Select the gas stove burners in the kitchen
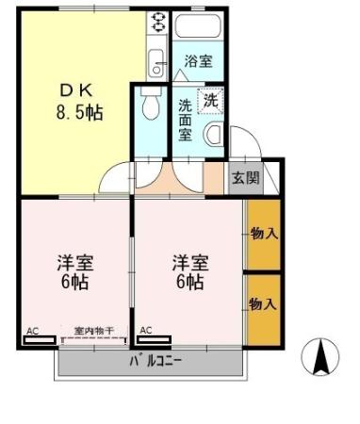tap(158, 24)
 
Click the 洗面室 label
tap(186, 117)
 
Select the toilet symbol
tap(149, 107)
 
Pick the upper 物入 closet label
tap(264, 233)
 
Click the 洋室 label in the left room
tap(75, 262)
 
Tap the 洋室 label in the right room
tap(188, 262)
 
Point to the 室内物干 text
tap(93, 331)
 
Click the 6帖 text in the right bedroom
tap(188, 282)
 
